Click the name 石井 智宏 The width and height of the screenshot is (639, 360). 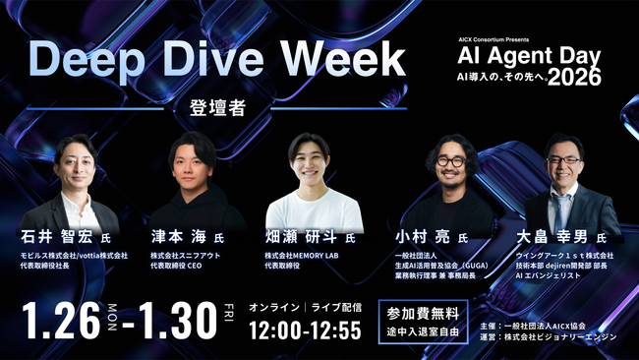60,237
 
